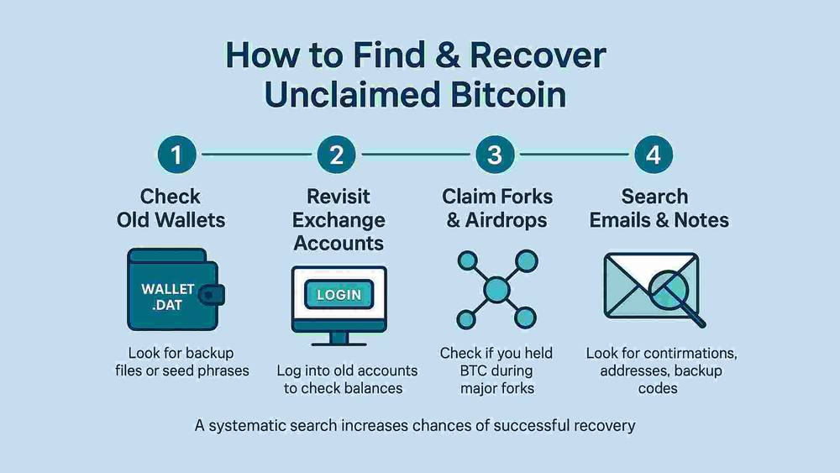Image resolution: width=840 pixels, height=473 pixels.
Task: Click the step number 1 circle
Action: pos(178,155)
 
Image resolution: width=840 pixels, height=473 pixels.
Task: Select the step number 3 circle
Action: pos(495,155)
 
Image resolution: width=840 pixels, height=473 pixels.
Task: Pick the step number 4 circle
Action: pos(654,155)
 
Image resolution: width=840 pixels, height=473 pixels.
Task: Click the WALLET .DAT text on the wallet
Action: pos(168,296)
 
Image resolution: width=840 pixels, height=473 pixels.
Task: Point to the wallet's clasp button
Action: pos(216,295)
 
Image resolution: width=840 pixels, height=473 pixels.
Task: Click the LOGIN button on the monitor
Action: pos(338,294)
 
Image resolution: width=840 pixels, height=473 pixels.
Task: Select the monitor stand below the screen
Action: pos(338,338)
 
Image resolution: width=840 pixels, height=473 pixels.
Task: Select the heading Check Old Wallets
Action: pos(171,208)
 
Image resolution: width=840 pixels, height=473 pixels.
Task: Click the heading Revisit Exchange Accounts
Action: pos(339,220)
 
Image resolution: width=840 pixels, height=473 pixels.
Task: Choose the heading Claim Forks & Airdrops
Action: pos(497,208)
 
